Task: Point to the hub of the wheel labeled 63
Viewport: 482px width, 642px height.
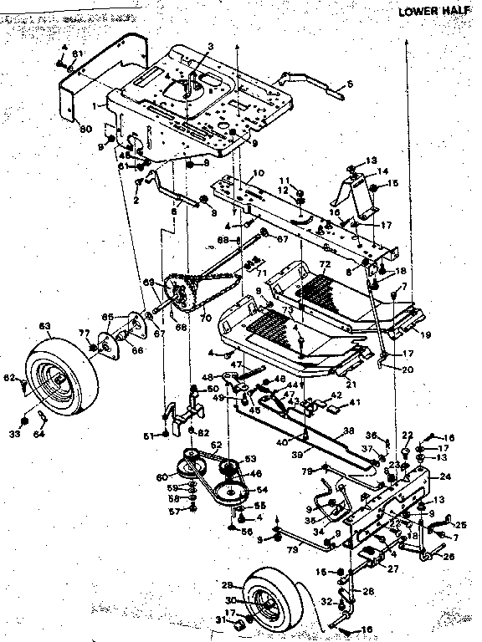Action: [60, 380]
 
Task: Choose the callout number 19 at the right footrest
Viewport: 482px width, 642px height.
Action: [426, 334]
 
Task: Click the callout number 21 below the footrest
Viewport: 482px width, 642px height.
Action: [351, 383]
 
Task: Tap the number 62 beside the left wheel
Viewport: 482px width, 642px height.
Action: [9, 379]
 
